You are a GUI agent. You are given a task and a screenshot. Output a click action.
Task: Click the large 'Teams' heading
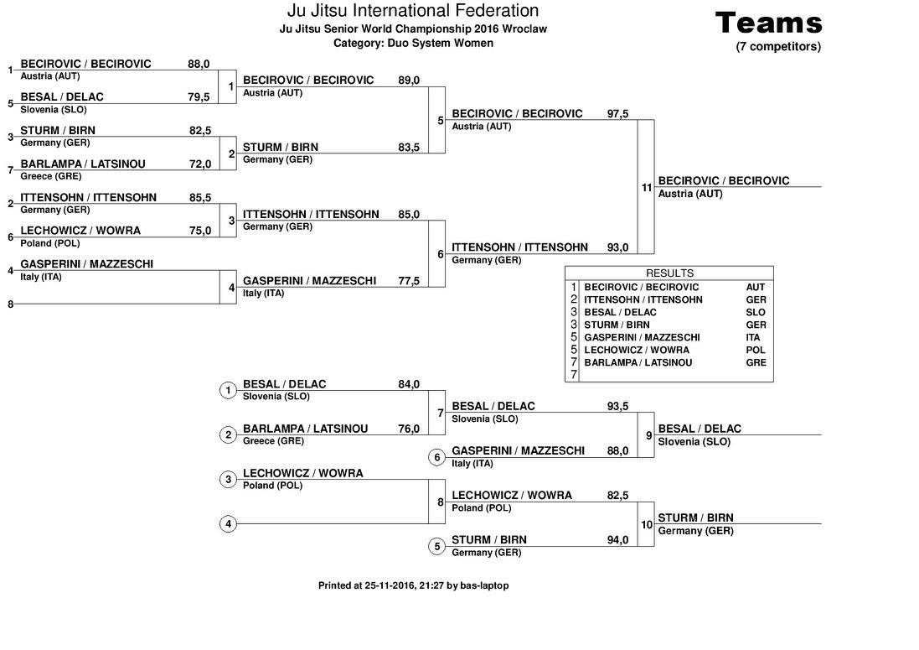tap(768, 23)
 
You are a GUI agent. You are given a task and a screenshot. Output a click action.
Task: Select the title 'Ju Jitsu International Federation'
tap(412, 11)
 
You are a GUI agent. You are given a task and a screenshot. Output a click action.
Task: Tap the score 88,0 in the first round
tap(199, 64)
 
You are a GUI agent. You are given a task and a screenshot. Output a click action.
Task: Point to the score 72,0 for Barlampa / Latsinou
tap(199, 164)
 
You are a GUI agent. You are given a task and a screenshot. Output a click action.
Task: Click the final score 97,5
tap(617, 114)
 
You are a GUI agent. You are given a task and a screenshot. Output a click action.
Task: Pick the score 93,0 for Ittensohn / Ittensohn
tap(617, 247)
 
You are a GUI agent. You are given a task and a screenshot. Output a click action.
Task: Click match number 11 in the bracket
tap(646, 188)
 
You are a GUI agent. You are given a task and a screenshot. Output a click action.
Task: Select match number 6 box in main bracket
tap(441, 254)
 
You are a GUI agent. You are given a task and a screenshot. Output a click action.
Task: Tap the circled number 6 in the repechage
tap(436, 457)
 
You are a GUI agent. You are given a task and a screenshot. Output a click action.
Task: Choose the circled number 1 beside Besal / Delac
tap(228, 390)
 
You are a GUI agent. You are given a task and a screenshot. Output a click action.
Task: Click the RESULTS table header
tap(669, 273)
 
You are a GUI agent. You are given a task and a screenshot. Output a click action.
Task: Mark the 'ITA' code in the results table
tap(753, 337)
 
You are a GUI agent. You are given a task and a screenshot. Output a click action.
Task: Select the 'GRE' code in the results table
tap(756, 362)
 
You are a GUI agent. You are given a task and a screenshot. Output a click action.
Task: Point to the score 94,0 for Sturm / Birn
tap(617, 540)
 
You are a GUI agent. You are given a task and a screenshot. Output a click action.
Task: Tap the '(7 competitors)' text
tap(778, 47)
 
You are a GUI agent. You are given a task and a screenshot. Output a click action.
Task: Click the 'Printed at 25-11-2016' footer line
tap(413, 585)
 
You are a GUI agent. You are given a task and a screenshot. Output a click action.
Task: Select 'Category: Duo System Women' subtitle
tap(413, 43)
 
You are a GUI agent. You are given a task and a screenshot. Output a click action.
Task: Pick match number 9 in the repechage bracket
tap(648, 435)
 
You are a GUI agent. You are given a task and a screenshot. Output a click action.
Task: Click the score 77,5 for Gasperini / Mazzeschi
tap(409, 281)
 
